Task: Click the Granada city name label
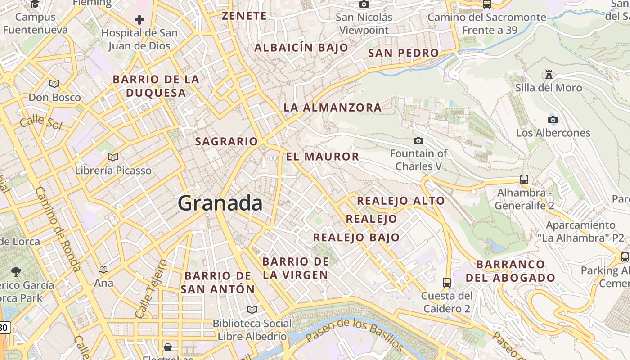220,203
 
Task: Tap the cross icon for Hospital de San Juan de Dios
139,20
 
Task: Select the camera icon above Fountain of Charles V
418,141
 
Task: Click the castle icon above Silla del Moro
549,74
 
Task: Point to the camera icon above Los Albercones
553,120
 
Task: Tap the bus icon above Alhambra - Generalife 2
524,179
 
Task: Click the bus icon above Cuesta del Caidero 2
447,282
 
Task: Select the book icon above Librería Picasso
113,157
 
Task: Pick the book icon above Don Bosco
54,84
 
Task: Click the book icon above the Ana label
103,269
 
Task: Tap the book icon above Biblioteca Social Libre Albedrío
252,310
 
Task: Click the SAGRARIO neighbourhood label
226,141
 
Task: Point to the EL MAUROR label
323,157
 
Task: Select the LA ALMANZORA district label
333,108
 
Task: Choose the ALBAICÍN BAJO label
301,48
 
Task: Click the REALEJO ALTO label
401,201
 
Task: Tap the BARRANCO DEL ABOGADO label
510,271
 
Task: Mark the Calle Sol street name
40,122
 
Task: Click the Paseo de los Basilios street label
355,334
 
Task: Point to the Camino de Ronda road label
58,229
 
